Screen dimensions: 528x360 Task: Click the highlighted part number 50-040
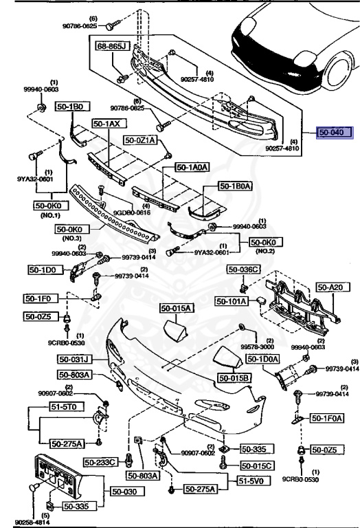(x=333, y=133)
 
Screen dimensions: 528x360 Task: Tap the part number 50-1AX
(x=106, y=124)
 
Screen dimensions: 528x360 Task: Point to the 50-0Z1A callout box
(x=141, y=140)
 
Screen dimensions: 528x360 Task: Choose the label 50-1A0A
(x=191, y=166)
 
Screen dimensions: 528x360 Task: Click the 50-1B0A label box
(x=236, y=186)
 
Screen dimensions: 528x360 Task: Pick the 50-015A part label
(x=177, y=308)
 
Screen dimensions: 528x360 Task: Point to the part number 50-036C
(x=245, y=269)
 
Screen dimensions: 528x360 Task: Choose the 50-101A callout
(x=232, y=300)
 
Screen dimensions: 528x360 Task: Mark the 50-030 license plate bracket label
(x=124, y=492)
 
